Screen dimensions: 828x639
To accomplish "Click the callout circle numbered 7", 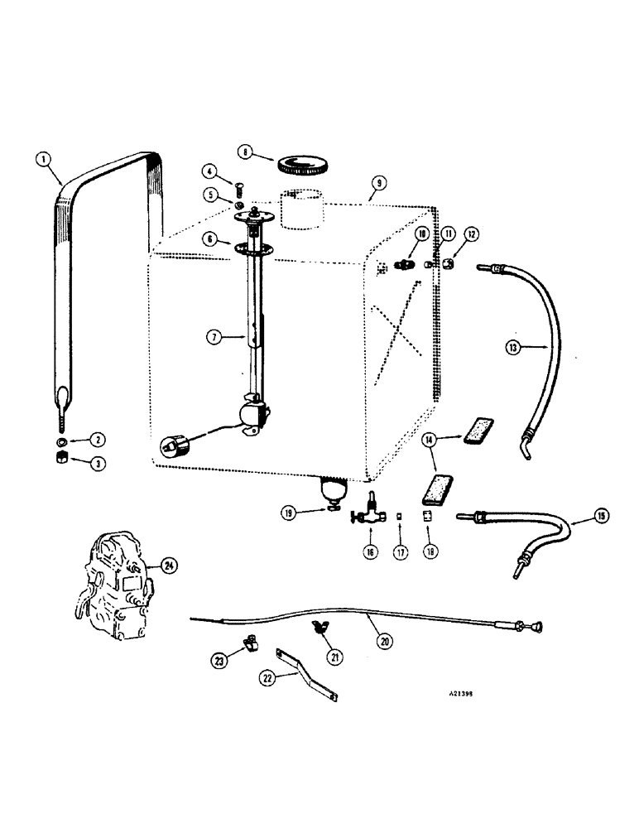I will coord(214,337).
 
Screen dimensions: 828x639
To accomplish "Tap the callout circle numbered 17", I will coord(401,551).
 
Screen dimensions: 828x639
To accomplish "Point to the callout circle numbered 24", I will coord(169,566).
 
